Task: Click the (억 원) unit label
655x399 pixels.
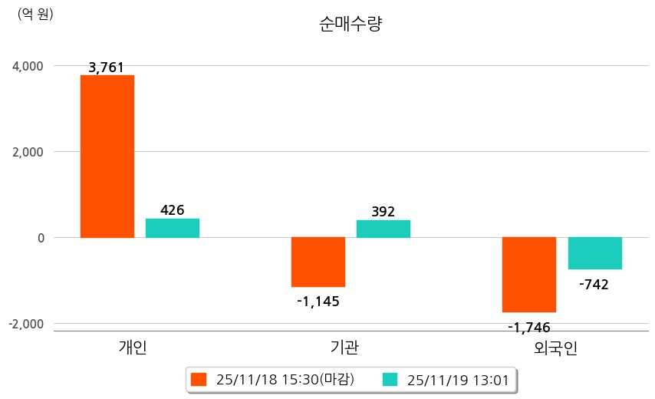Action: pyautogui.click(x=35, y=14)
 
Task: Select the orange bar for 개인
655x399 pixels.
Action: pyautogui.click(x=107, y=157)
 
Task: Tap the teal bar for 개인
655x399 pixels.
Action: pyautogui.click(x=173, y=228)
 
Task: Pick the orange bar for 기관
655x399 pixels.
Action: pyautogui.click(x=318, y=262)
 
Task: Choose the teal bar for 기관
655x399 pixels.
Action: pyautogui.click(x=383, y=229)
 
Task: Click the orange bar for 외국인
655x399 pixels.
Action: pyautogui.click(x=529, y=275)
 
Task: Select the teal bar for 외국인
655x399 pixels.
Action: pyautogui.click(x=594, y=253)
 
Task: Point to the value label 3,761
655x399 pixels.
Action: pyautogui.click(x=107, y=68)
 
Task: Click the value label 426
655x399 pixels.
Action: pyautogui.click(x=173, y=210)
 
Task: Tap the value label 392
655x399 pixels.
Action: pyautogui.click(x=383, y=212)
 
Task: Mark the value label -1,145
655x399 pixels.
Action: pyautogui.click(x=318, y=301)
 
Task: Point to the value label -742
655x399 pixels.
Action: pyautogui.click(x=594, y=285)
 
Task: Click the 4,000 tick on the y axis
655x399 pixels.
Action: pyautogui.click(x=27, y=66)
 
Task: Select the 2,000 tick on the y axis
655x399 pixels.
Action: pyautogui.click(x=27, y=152)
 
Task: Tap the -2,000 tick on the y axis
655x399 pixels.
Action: pyautogui.click(x=25, y=324)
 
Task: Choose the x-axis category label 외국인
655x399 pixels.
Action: pyautogui.click(x=555, y=348)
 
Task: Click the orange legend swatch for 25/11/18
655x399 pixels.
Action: pyautogui.click(x=199, y=379)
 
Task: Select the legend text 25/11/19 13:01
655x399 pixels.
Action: pyautogui.click(x=457, y=379)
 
